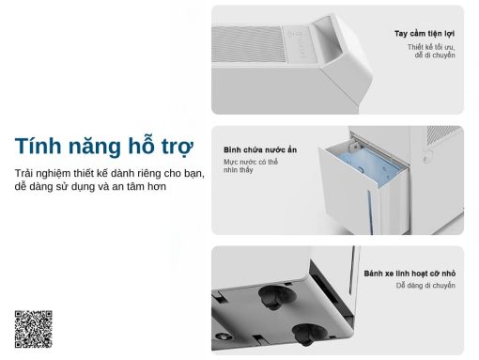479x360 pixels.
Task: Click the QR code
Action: click(33, 328)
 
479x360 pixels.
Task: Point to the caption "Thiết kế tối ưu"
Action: click(433, 46)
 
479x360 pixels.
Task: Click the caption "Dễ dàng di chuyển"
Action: click(425, 286)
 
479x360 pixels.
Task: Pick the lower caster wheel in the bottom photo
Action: click(309, 335)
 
